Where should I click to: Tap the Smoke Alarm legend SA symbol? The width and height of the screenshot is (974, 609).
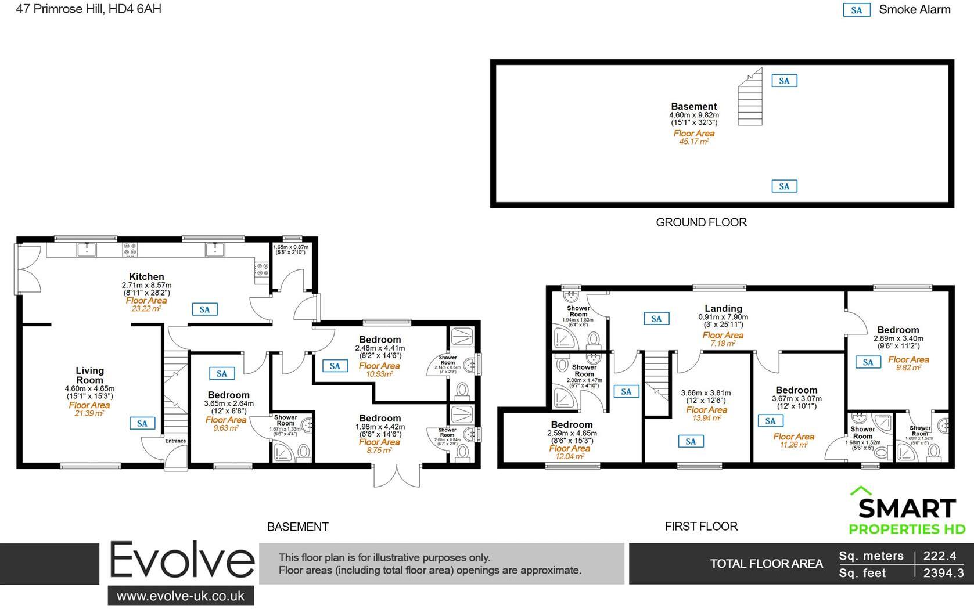pyautogui.click(x=856, y=10)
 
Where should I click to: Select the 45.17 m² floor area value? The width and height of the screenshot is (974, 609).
pyautogui.click(x=693, y=142)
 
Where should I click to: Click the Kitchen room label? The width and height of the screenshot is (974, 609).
pyautogui.click(x=146, y=277)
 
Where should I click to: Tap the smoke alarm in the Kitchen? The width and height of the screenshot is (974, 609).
pyautogui.click(x=204, y=309)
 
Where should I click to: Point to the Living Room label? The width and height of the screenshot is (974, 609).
pyautogui.click(x=89, y=375)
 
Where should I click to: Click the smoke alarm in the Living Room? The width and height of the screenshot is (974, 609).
pyautogui.click(x=142, y=423)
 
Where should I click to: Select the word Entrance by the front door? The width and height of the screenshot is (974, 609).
pyautogui.click(x=175, y=441)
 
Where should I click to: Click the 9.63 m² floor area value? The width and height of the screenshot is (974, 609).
pyautogui.click(x=225, y=428)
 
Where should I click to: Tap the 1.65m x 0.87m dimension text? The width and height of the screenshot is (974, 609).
pyautogui.click(x=291, y=247)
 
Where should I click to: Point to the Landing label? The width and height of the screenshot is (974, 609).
pyautogui.click(x=723, y=309)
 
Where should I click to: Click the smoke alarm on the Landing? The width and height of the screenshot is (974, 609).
pyautogui.click(x=656, y=318)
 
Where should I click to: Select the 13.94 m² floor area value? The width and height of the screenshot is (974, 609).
pyautogui.click(x=706, y=418)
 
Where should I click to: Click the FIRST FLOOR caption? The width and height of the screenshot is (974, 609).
pyautogui.click(x=701, y=527)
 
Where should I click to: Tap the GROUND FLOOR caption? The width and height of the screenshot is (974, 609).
pyautogui.click(x=701, y=222)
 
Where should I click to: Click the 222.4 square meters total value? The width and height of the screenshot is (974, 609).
pyautogui.click(x=939, y=556)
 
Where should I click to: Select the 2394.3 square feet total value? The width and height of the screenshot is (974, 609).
pyautogui.click(x=943, y=573)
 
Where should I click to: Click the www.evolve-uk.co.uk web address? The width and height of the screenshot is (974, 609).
pyautogui.click(x=181, y=596)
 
